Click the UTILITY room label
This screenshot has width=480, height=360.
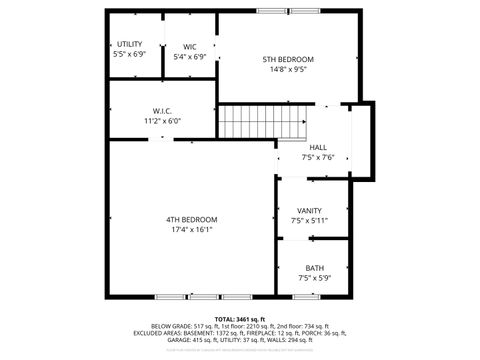tap(130, 44)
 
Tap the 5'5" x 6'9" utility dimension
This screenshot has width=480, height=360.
tap(130, 56)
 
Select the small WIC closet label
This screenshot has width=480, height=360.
tap(190, 46)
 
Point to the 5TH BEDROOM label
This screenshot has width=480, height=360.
tap(288, 59)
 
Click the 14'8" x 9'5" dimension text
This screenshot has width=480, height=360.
tap(288, 71)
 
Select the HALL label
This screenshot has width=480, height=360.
tap(317, 147)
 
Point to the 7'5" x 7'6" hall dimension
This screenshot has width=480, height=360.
tap(317, 158)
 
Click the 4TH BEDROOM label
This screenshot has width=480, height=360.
tap(191, 219)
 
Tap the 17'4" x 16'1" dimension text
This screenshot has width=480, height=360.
tap(191, 230)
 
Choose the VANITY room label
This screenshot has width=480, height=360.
tap(309, 210)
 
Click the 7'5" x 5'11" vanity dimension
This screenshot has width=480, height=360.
tap(309, 220)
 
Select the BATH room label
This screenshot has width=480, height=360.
tap(315, 267)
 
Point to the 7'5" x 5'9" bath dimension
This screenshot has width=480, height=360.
tap(315, 278)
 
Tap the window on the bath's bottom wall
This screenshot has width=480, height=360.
tap(313, 296)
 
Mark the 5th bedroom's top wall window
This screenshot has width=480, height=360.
tap(288, 11)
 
